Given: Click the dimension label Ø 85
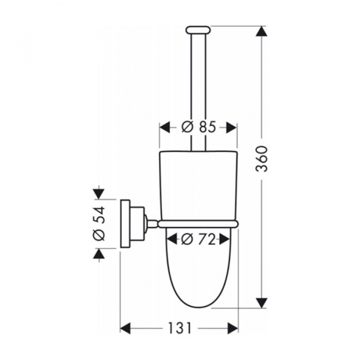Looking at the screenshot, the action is [199, 127].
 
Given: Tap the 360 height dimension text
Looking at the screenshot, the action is [262, 158].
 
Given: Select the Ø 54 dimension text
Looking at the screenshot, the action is [99, 223].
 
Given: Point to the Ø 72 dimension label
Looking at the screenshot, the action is [199, 239].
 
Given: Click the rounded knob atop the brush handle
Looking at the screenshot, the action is [198, 30].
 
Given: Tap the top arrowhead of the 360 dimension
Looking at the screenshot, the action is [262, 31].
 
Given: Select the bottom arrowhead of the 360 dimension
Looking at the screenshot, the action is [262, 303].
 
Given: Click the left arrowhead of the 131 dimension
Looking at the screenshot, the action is [125, 328].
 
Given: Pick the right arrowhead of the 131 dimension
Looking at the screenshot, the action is [233, 328].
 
